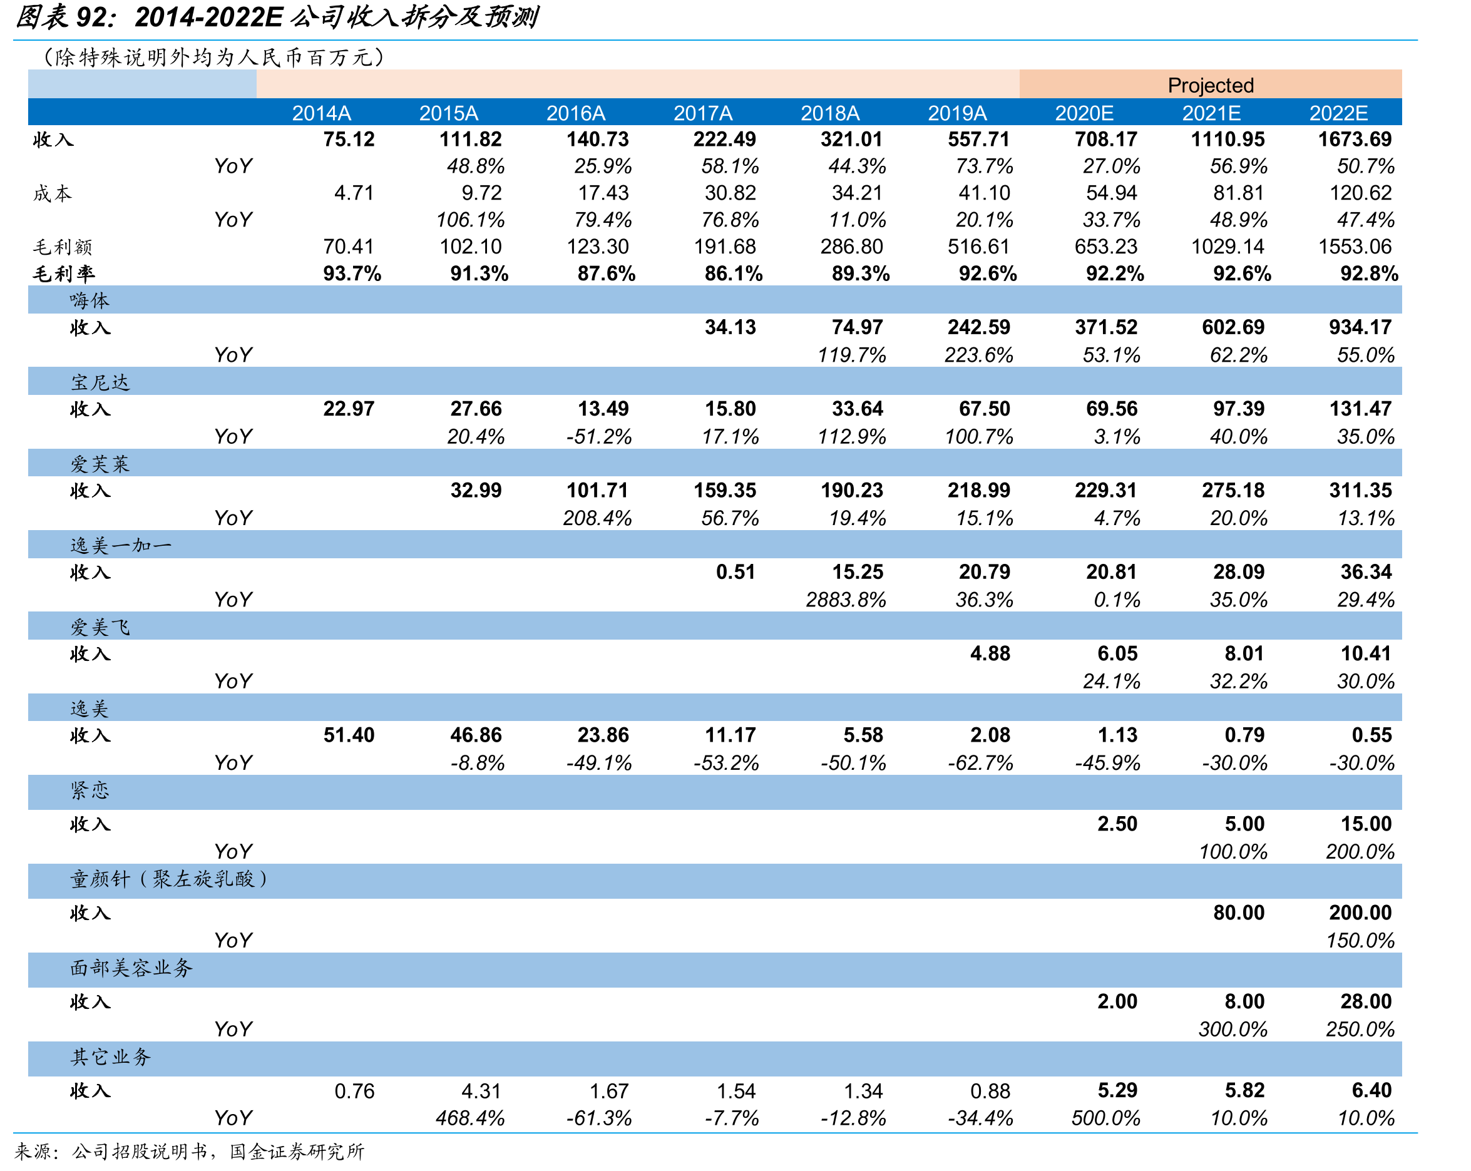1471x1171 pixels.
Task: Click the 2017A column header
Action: point(703,113)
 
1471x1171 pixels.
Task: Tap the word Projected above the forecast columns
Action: point(1211,85)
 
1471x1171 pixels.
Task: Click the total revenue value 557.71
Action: point(978,139)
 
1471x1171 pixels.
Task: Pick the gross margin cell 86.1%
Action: point(734,274)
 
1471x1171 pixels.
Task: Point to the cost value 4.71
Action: point(354,193)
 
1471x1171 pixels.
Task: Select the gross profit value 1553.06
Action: point(1355,246)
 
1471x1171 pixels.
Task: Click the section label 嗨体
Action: point(90,300)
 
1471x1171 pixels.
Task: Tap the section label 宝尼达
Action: point(100,382)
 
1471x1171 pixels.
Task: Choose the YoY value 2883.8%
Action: point(846,600)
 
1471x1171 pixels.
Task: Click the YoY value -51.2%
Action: point(599,436)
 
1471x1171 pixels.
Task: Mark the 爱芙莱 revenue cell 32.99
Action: point(476,490)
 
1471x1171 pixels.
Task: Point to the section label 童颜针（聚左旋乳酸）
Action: point(169,879)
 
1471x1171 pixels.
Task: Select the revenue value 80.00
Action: point(1238,913)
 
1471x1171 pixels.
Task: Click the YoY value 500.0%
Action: point(1106,1118)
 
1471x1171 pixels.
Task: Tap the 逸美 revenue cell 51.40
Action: point(349,735)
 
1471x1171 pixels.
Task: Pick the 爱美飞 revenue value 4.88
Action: point(990,653)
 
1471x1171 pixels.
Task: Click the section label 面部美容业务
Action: point(131,968)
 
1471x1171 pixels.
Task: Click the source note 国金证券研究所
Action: point(297,1152)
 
